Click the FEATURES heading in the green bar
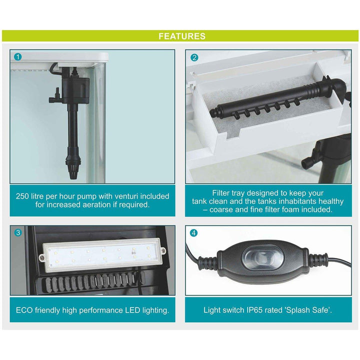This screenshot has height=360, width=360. [x=182, y=36]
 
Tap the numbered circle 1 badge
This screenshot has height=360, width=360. [x=17, y=57]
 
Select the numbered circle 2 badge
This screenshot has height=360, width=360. [x=194, y=57]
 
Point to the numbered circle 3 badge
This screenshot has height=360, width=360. [x=18, y=232]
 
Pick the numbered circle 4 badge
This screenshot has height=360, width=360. [x=194, y=233]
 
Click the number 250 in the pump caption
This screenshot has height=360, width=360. [x=22, y=196]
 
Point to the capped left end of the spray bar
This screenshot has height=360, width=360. [x=214, y=112]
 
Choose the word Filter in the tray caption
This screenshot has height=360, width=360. [x=221, y=193]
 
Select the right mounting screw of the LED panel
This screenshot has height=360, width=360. [x=162, y=250]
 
